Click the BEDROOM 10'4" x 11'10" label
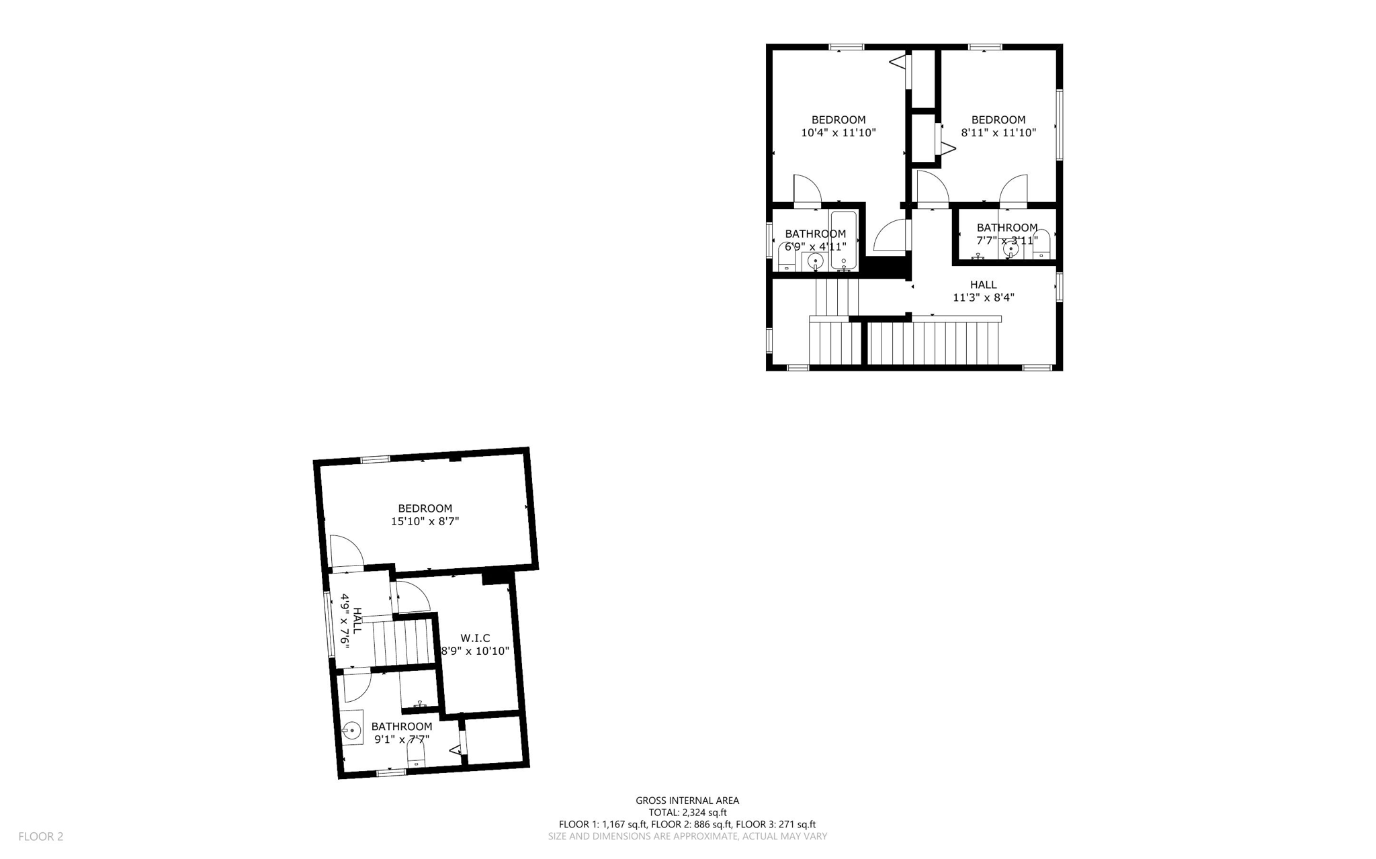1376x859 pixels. pyautogui.click(x=838, y=126)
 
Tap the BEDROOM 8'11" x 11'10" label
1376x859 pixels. pyautogui.click(x=998, y=126)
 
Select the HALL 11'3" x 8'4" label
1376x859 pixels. pyautogui.click(x=983, y=291)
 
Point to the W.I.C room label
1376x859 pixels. pyautogui.click(x=475, y=644)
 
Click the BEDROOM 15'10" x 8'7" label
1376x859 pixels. pyautogui.click(x=425, y=514)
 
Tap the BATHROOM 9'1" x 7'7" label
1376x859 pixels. pyautogui.click(x=402, y=733)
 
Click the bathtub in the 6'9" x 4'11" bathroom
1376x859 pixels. pyautogui.click(x=843, y=240)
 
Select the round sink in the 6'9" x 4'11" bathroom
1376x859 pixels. pyautogui.click(x=816, y=261)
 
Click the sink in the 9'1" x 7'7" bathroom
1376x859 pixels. pyautogui.click(x=351, y=728)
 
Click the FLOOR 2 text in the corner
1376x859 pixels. pyautogui.click(x=40, y=836)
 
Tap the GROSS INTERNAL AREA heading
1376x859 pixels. pyautogui.click(x=687, y=800)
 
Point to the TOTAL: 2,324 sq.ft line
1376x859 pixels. pyautogui.click(x=687, y=812)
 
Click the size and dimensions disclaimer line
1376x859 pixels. pyautogui.click(x=687, y=836)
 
